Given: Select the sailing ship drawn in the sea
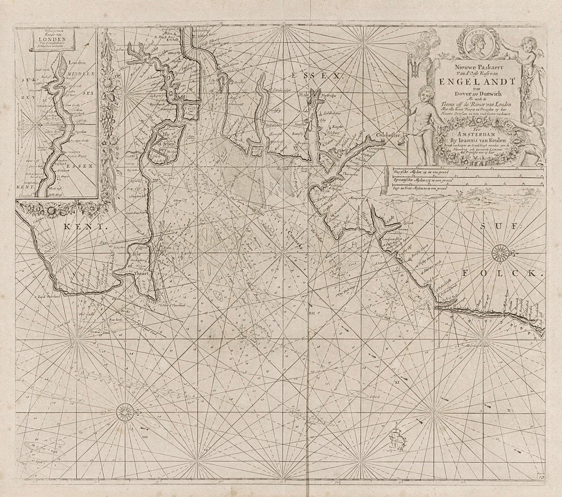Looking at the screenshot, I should pos(397,438).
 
